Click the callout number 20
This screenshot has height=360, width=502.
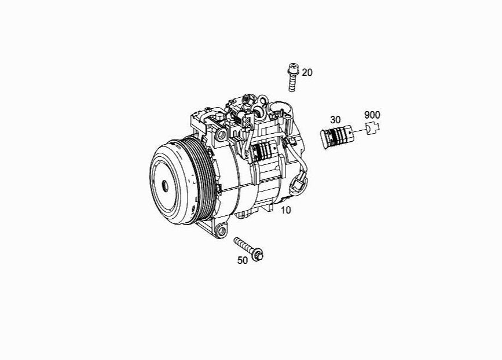pos(307,73)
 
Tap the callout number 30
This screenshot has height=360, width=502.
pos(335,120)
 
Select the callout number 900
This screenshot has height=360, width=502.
pos(372,115)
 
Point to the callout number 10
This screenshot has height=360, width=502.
pos(286,210)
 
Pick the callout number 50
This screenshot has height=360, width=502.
pos(243,260)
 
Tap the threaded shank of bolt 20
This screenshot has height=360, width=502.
pos(292,83)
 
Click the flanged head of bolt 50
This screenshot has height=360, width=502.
pos(258,255)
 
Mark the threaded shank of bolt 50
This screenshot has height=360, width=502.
pos(243,245)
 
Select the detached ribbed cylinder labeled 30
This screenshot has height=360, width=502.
pos(338,137)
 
